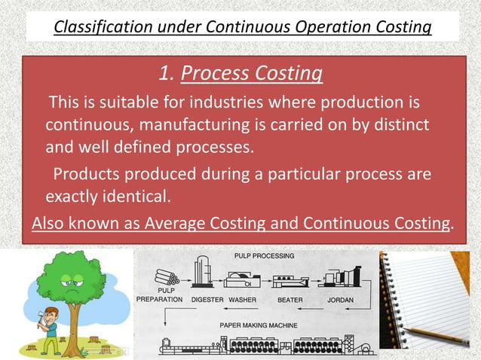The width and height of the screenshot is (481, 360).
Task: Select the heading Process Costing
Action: pyautogui.click(x=253, y=74)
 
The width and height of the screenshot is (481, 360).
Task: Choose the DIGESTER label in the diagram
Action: pyautogui.click(x=207, y=299)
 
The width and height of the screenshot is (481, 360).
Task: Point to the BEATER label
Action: pyautogui.click(x=290, y=299)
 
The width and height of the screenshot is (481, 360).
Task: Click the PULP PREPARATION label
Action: pyautogui.click(x=158, y=294)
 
